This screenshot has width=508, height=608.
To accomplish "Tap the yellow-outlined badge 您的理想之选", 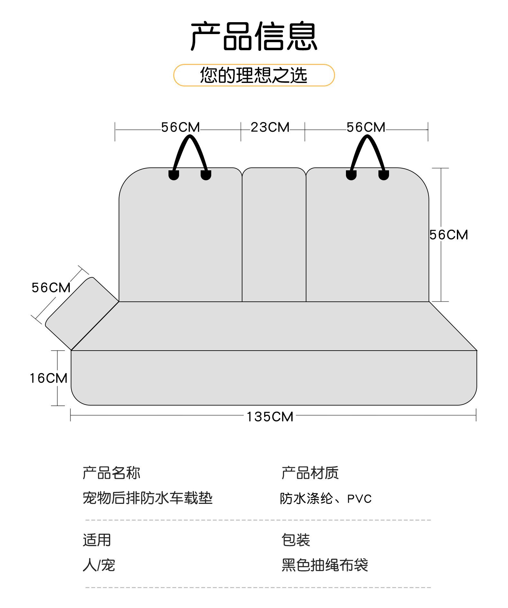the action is point(254,75).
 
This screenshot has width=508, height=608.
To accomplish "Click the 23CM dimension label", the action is point(270,127).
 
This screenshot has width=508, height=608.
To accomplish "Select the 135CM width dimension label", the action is point(270,417).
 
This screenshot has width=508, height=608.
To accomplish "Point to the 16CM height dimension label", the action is point(49,378).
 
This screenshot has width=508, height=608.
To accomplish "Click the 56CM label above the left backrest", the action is point(180,127).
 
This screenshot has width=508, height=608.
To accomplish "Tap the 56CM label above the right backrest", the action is point(366,127).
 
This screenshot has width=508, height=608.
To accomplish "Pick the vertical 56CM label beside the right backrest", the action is point(449,235).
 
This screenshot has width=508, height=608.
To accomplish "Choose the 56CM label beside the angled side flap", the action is point(51,288).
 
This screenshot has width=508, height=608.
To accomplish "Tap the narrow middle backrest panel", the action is point(274,235).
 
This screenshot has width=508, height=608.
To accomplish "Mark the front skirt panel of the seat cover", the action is point(273,378).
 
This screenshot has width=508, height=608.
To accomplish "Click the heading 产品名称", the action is point(111,473).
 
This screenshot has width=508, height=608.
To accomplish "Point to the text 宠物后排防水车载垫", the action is point(148,498).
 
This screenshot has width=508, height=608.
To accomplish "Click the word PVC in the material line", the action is point(359,499).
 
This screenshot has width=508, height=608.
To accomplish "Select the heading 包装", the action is point(295,540).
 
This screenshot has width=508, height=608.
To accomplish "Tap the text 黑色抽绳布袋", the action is point(325,565).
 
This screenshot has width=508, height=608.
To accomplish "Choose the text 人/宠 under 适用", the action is point(99,565).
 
